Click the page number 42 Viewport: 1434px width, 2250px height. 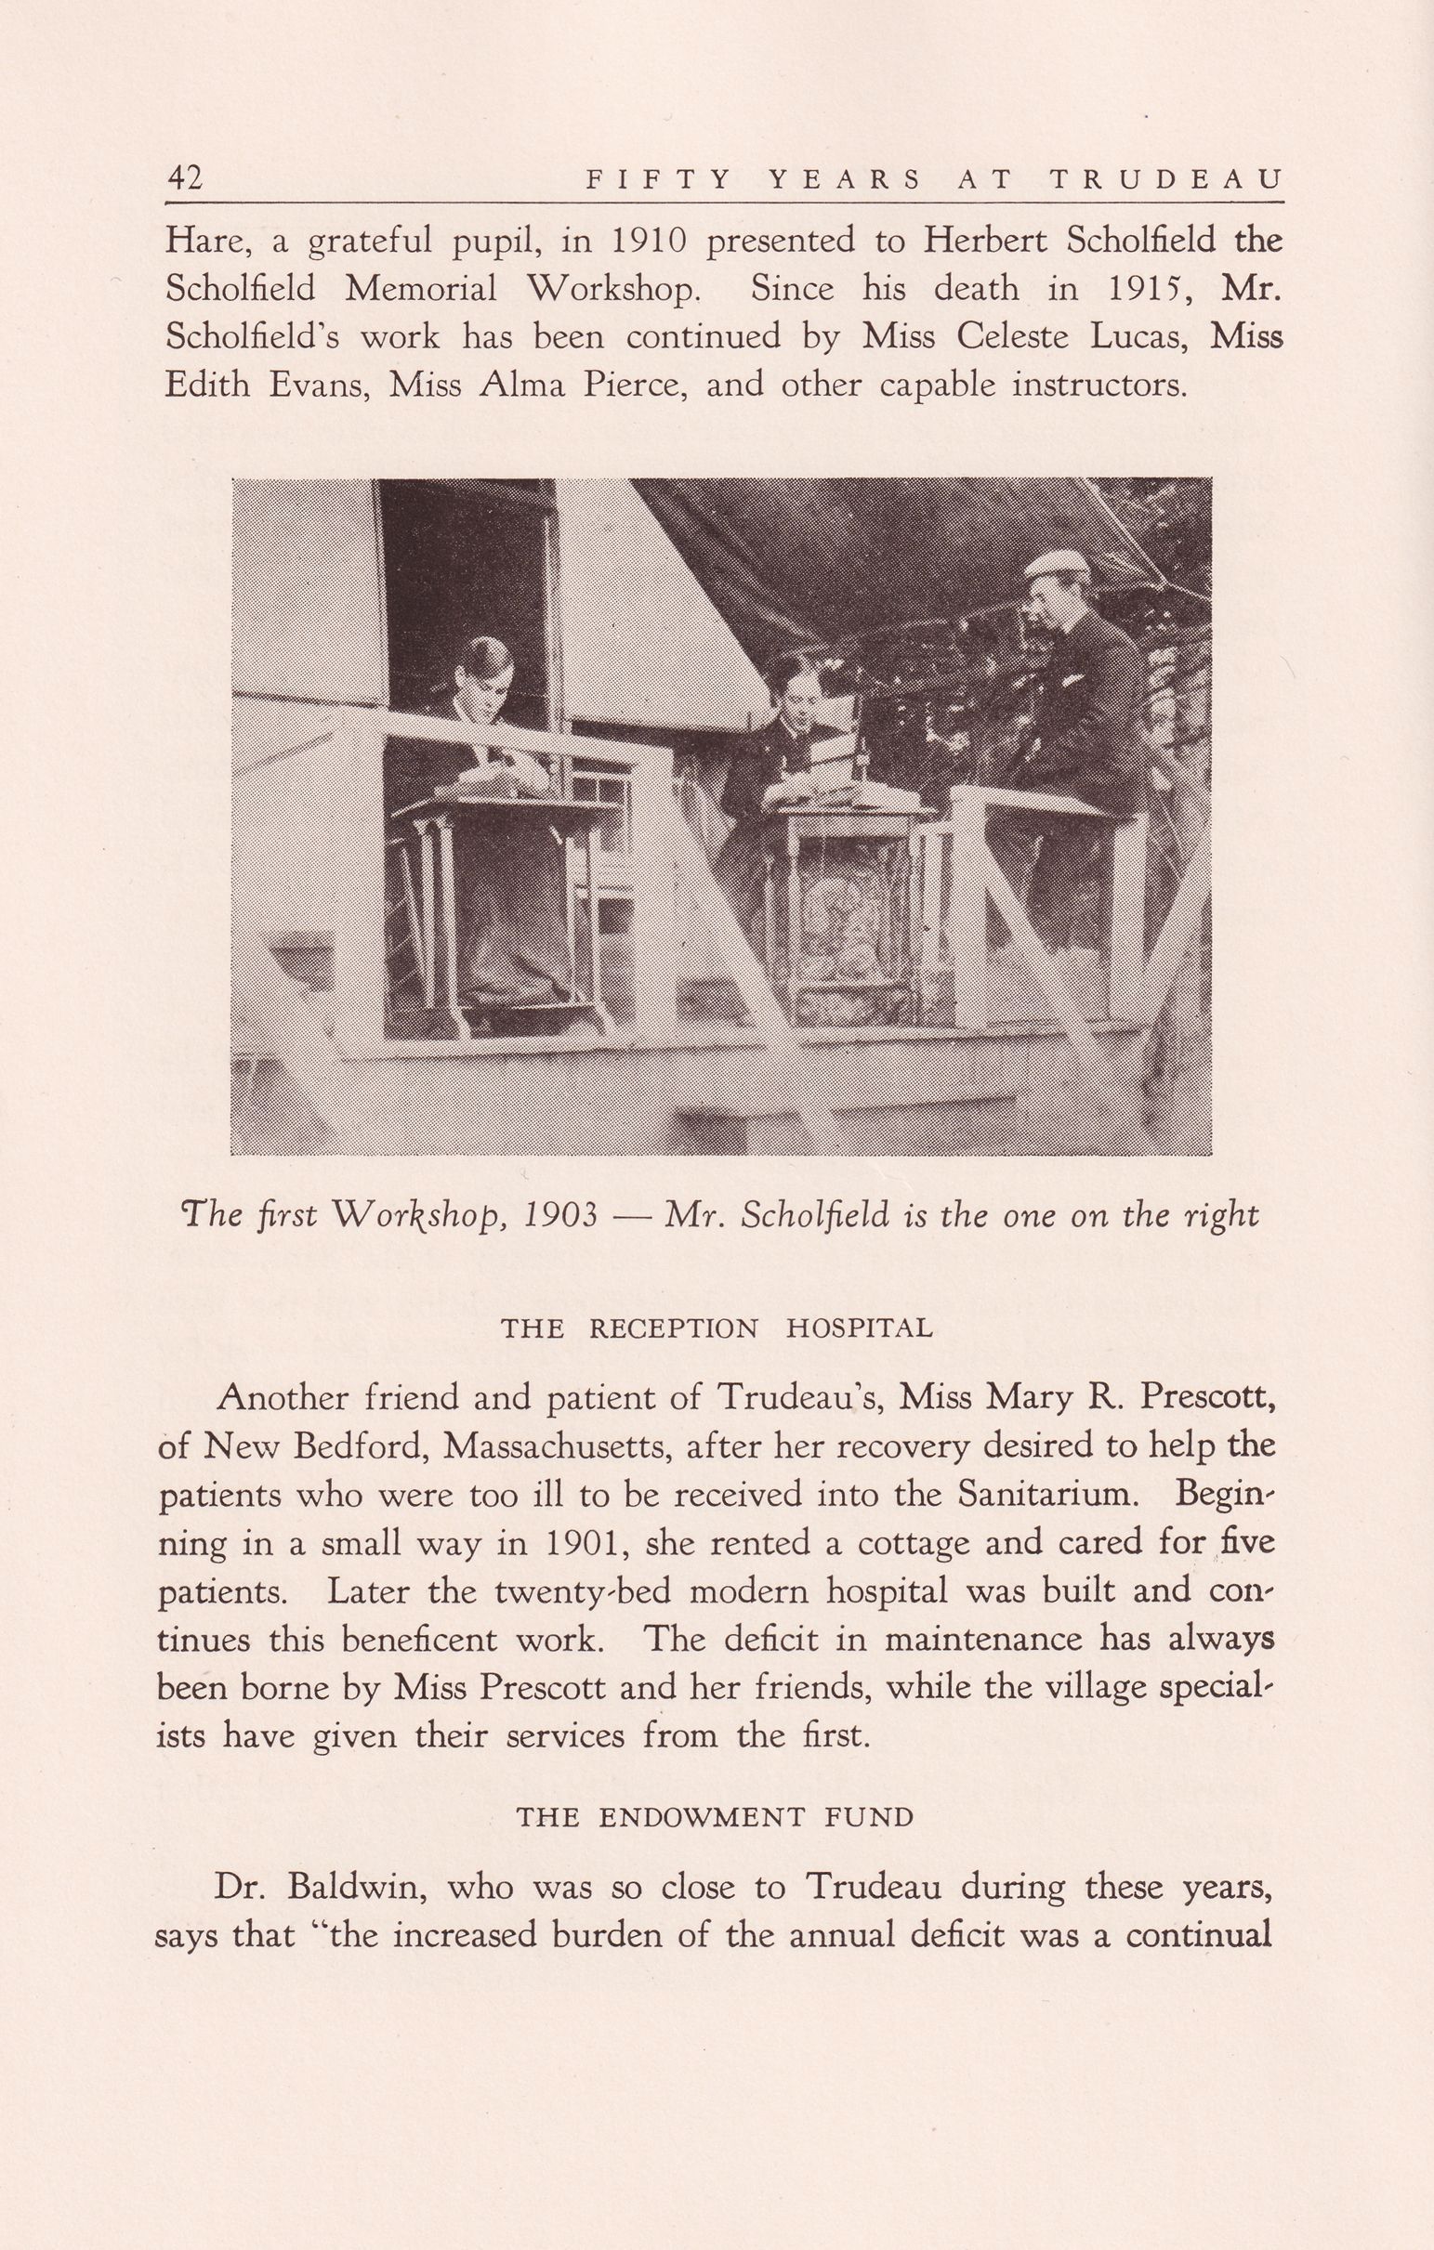click(x=184, y=177)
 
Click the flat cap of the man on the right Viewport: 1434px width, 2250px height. click(x=1057, y=564)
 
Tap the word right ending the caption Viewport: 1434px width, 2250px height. click(x=1220, y=1215)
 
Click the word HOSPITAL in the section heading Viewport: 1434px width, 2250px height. click(x=859, y=1328)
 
